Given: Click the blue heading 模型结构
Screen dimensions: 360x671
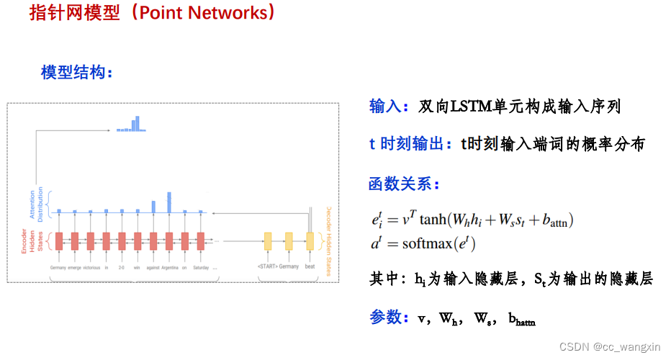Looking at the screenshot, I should pyautogui.click(x=72, y=72).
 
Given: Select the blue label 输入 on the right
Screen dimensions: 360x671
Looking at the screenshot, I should pyautogui.click(x=385, y=107).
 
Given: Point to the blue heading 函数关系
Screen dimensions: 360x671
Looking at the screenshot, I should pyautogui.click(x=400, y=184).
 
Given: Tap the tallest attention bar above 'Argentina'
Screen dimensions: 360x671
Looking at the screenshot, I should pyautogui.click(x=169, y=202).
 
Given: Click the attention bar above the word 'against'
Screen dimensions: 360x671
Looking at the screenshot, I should pyautogui.click(x=153, y=207).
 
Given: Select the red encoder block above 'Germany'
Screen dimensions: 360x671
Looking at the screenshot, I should pyautogui.click(x=59, y=240).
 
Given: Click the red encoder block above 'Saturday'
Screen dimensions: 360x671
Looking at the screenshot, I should pyautogui.click(x=202, y=240).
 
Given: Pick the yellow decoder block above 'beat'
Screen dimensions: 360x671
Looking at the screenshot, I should pyautogui.click(x=310, y=240).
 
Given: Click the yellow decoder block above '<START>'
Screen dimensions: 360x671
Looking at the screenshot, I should pyautogui.click(x=268, y=240).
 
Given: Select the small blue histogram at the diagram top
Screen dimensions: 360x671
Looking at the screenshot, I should pyautogui.click(x=132, y=125).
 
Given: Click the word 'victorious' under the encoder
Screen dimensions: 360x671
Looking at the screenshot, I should pyautogui.click(x=91, y=267).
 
